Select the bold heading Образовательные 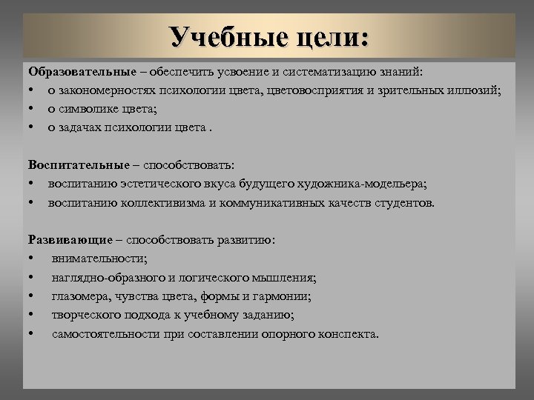click(x=82, y=72)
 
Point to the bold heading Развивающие click(x=70, y=240)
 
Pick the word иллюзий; click(x=477, y=90)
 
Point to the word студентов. click(x=407, y=202)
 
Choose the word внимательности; click(x=99, y=259)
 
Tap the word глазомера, click(x=82, y=296)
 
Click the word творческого click(x=85, y=315)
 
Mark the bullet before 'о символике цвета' click(x=33, y=109)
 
